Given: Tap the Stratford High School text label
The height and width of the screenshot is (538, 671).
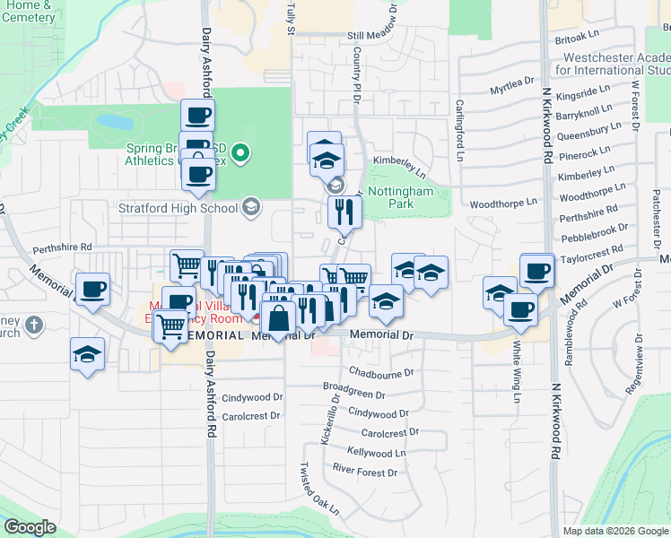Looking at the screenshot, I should pos(179,208).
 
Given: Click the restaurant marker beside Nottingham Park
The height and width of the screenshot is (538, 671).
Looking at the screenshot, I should pos(344,213).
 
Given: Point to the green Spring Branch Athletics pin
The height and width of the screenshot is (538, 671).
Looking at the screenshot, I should pos(240,154).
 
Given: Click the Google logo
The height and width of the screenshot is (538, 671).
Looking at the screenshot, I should pos(30,527).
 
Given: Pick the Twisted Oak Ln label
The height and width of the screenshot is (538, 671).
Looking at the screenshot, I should pos(320,489).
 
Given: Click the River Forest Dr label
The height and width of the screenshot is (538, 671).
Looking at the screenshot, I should pos(364,472).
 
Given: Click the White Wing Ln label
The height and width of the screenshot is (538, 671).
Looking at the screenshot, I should pos(517,363).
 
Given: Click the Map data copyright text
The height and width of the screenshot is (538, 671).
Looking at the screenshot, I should pos(614,531).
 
